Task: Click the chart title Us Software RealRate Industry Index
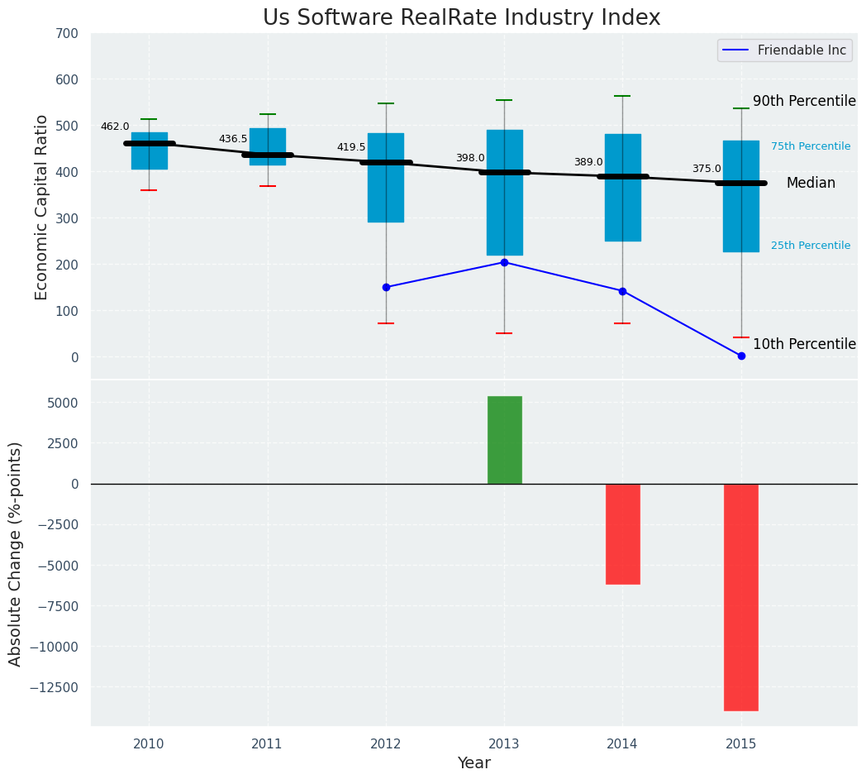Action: [461, 18]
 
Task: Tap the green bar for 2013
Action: [504, 440]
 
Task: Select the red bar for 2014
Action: [622, 533]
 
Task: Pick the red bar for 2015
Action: [740, 597]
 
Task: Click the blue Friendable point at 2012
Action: [386, 287]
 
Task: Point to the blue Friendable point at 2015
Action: [741, 356]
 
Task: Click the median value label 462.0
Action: [115, 127]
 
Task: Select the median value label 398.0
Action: [470, 158]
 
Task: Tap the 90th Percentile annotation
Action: [803, 101]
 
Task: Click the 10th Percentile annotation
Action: [803, 344]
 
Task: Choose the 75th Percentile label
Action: [810, 146]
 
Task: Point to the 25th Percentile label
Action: [810, 246]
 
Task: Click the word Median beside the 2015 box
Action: [810, 184]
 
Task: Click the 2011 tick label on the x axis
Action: [267, 744]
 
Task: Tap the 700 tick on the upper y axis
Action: [66, 34]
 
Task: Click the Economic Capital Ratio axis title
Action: [42, 207]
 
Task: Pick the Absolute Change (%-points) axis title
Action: [16, 553]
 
